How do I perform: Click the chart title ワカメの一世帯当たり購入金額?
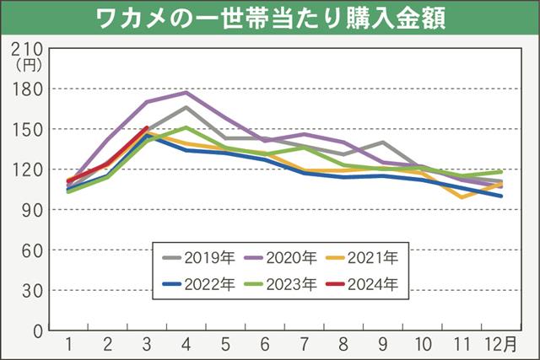coord(270,18)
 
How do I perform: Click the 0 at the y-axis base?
coord(38,331)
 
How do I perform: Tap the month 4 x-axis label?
coord(186,346)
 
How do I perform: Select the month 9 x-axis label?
coord(384,346)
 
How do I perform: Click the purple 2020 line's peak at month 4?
coord(186,92)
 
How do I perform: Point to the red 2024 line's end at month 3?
coord(146,128)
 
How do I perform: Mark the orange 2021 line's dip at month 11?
coord(462,197)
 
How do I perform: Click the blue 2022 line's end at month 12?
coord(502,196)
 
